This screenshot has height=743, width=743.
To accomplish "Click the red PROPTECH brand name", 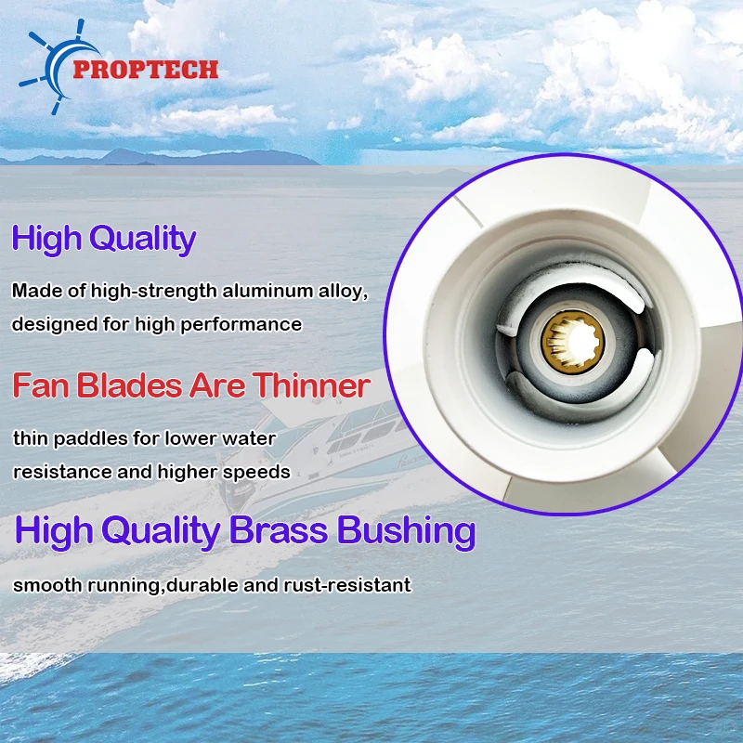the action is (146, 69).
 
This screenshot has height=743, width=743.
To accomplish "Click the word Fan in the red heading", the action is (41, 385).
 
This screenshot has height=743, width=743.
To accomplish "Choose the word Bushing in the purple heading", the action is (406, 531).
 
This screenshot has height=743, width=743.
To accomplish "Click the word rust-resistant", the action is (347, 585).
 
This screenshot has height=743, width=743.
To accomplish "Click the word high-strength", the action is (154, 291).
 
